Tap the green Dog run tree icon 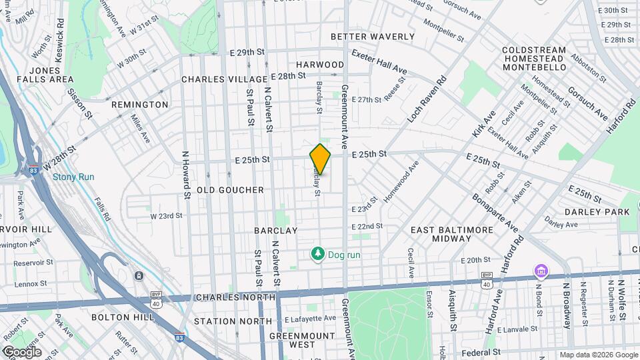click(318, 253)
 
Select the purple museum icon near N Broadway click(540, 271)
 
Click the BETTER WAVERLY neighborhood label click(372, 37)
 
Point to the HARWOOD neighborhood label click(320, 65)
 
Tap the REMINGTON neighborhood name click(140, 105)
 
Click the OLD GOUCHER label click(231, 190)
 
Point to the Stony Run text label click(73, 177)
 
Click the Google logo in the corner click(22, 351)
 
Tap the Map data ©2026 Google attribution click(598, 355)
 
